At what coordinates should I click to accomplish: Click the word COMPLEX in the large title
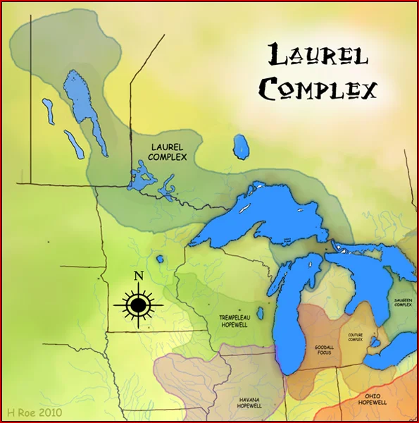[x=318, y=90]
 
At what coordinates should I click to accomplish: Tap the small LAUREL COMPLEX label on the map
[x=168, y=152]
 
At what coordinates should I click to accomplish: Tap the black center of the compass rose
[x=138, y=305]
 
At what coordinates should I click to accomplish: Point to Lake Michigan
[x=289, y=310]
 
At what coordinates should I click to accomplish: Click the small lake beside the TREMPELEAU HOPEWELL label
[x=261, y=313]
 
